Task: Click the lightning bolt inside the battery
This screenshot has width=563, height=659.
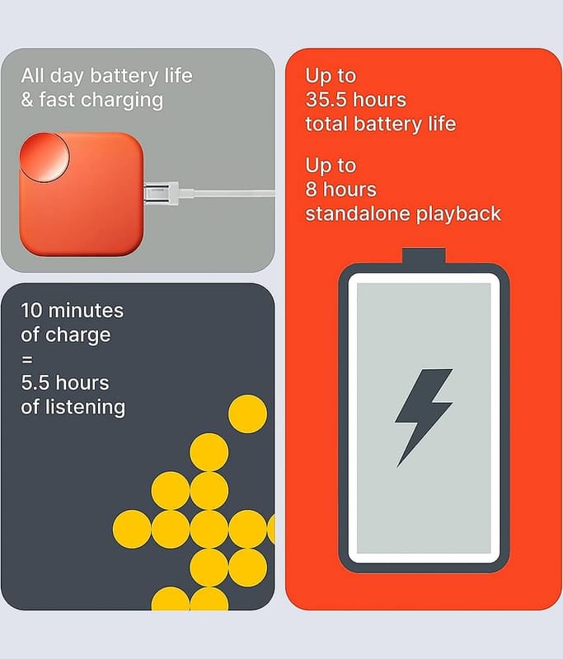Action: point(423,416)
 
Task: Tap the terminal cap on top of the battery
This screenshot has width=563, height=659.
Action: point(424,255)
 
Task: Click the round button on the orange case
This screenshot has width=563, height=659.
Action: point(45,157)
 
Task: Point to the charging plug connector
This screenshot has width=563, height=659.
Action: point(161,194)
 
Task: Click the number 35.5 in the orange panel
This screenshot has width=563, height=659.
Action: point(326,100)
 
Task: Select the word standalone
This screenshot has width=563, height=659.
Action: point(358,213)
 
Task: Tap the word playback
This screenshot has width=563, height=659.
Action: point(458,214)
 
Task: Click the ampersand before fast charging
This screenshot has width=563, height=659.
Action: point(27,100)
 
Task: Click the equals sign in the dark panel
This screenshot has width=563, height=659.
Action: point(26,359)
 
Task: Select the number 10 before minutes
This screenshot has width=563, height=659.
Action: point(32,311)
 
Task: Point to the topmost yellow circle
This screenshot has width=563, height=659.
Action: point(247,414)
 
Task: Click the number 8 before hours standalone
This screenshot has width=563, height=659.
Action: point(311,189)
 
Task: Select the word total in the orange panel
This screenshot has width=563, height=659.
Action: point(326,124)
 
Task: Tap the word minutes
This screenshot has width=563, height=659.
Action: point(87,311)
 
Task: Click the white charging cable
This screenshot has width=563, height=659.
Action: point(227,194)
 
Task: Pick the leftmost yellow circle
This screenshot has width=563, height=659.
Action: point(132,529)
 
